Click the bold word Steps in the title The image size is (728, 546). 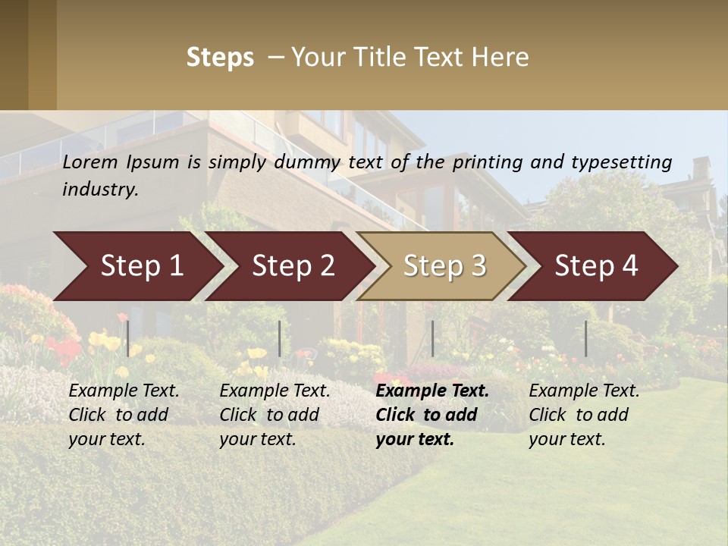click(220, 58)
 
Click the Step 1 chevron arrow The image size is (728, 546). click(141, 266)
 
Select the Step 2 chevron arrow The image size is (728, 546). click(293, 266)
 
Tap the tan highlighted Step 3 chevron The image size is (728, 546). click(444, 266)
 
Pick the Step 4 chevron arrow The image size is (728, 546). click(596, 266)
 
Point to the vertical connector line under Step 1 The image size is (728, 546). click(128, 338)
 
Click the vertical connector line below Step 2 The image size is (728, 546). click(280, 338)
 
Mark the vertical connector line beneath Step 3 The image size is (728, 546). click(432, 338)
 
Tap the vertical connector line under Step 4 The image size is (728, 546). click(585, 338)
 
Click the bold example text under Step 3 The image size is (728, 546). click(432, 415)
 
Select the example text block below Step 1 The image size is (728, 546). click(124, 415)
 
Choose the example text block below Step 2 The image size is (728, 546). click(275, 415)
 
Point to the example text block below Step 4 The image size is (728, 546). click(584, 415)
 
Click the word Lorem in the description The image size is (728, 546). click(90, 162)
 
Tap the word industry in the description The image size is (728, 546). click(100, 190)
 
